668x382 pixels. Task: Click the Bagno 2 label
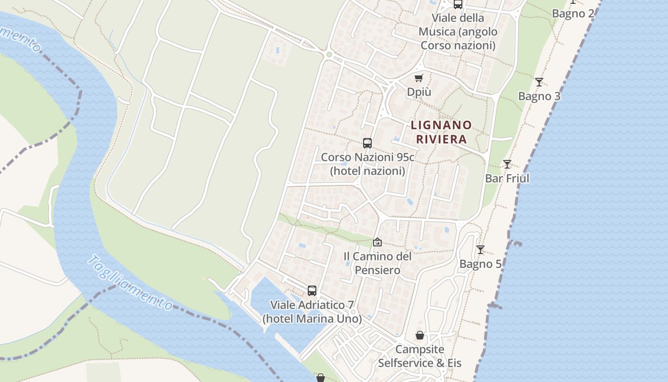click(573, 13)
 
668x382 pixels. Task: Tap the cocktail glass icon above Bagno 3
click(539, 82)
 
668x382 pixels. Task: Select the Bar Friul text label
click(507, 179)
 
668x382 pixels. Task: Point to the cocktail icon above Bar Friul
click(507, 164)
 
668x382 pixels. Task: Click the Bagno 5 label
click(480, 264)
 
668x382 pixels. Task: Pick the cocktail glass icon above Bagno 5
click(480, 250)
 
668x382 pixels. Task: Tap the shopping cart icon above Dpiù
click(419, 78)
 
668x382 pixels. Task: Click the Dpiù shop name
click(419, 92)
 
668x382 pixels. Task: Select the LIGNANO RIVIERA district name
click(441, 132)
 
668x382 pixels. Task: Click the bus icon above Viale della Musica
click(458, 4)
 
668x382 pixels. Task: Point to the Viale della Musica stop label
click(458, 32)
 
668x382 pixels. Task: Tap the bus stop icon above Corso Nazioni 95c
click(367, 143)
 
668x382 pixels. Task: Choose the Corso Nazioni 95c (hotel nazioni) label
click(367, 164)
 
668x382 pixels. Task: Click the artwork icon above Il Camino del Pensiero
click(377, 242)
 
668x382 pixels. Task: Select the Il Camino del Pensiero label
click(377, 263)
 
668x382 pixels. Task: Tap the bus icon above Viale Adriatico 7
click(312, 290)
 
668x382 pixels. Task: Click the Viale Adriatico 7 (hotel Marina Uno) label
click(312, 311)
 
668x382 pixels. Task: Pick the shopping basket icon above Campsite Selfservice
click(420, 335)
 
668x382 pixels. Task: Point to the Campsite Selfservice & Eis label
click(420, 356)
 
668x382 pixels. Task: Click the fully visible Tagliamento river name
click(130, 283)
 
